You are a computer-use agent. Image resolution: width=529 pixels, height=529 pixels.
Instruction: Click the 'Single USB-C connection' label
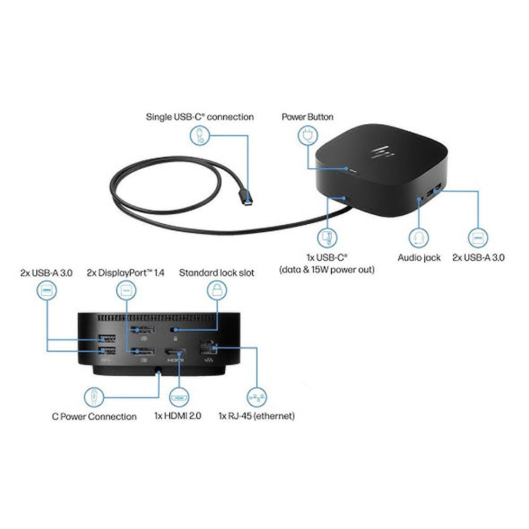[199, 116]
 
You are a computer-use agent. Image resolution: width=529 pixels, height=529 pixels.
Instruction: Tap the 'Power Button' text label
[307, 116]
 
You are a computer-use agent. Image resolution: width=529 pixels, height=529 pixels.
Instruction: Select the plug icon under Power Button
[307, 137]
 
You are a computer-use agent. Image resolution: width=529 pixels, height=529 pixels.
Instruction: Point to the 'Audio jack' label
[419, 258]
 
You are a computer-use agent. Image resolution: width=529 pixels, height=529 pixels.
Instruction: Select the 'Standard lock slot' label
[216, 273]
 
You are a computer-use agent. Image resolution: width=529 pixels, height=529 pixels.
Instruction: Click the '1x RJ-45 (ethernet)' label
[257, 416]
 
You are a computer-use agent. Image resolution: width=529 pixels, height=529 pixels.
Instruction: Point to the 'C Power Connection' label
[94, 416]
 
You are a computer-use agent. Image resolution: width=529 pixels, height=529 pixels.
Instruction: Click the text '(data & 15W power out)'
[327, 269]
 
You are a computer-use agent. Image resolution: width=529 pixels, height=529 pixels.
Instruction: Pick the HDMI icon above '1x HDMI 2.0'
[179, 395]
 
